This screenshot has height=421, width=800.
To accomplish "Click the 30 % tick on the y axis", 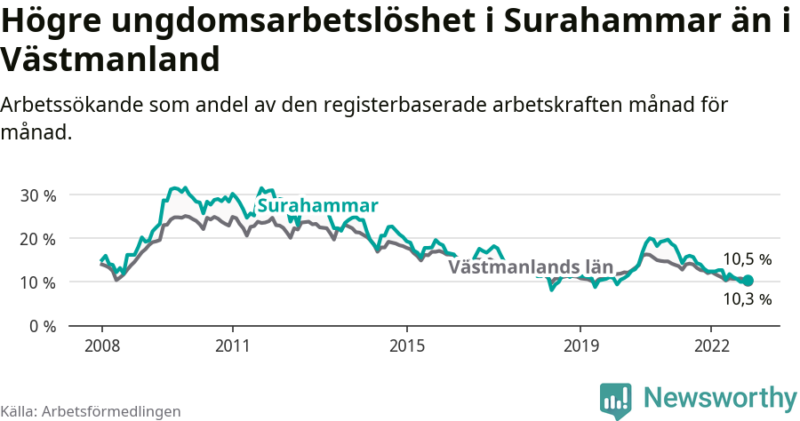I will click(x=36, y=195).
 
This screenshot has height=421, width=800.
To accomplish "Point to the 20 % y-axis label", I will click(x=36, y=239).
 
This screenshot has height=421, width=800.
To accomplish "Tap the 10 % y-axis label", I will click(x=36, y=282).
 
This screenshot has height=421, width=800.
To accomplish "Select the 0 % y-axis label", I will click(x=41, y=326).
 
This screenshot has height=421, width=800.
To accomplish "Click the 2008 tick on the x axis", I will click(x=101, y=346).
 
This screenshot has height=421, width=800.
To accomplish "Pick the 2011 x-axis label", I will click(x=232, y=346).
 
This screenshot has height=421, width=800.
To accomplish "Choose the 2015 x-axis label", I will click(x=406, y=346).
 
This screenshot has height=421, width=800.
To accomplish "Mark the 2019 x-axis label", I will click(x=580, y=346).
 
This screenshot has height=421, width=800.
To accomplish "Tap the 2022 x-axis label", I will click(x=711, y=346).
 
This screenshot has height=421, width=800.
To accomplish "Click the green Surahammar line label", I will click(x=317, y=206).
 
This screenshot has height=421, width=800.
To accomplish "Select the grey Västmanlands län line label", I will click(x=531, y=266).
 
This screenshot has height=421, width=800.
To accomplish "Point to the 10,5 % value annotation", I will click(x=747, y=259).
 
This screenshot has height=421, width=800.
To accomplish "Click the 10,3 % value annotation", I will click(x=747, y=299).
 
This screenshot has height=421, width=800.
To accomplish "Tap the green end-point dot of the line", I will click(x=748, y=281).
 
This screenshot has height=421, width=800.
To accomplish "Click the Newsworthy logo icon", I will click(x=615, y=401).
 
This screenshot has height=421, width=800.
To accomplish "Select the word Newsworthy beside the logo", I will click(x=720, y=398).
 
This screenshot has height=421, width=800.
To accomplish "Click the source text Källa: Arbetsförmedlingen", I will click(x=91, y=411).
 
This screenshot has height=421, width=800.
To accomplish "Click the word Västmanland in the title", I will click(x=110, y=60).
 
